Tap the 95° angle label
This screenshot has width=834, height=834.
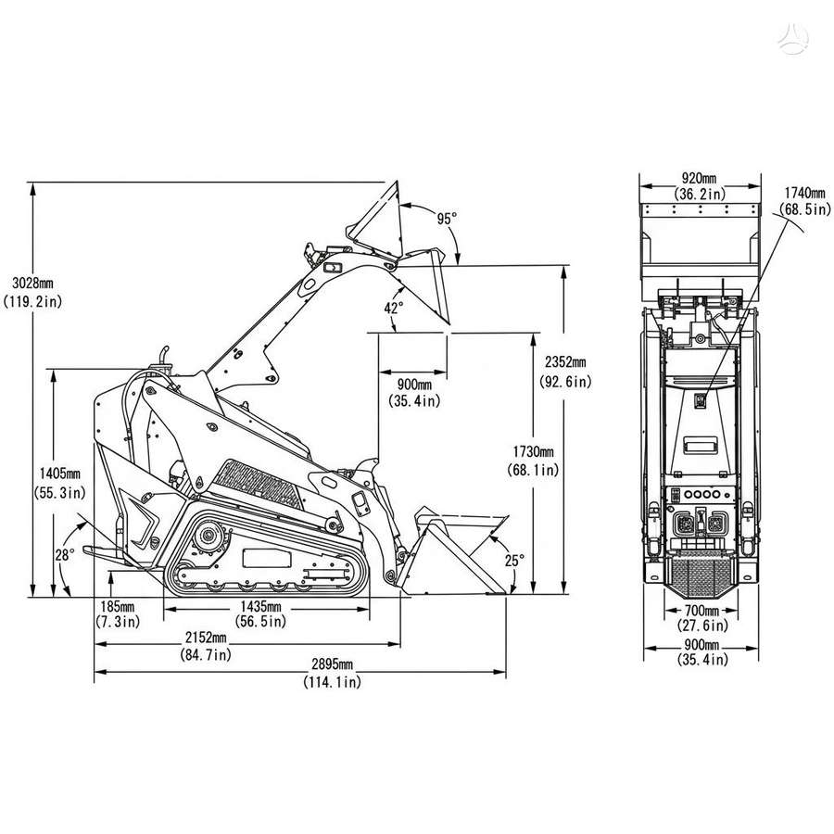tap(447, 219)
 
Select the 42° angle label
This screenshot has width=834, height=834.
tap(394, 308)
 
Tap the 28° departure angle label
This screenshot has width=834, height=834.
tap(65, 555)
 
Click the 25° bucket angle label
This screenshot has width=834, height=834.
tap(514, 560)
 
